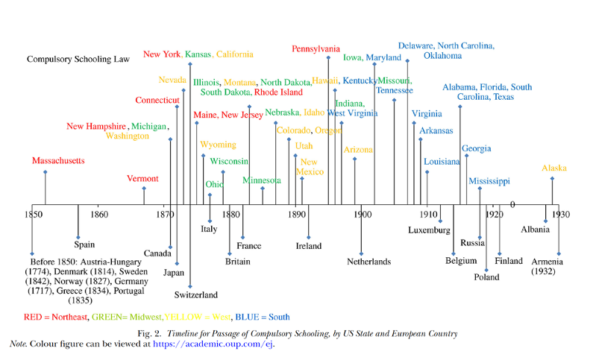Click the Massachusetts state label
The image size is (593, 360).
tap(58, 161)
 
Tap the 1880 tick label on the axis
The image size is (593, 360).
tap(230, 215)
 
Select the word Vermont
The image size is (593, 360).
tap(142, 179)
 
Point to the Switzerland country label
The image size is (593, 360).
tap(196, 295)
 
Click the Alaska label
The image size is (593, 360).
tap(554, 168)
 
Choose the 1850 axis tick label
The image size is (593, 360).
tap(33, 215)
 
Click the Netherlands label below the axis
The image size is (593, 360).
tap(368, 262)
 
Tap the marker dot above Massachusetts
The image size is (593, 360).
tap(46, 173)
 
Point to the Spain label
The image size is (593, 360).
tap(85, 244)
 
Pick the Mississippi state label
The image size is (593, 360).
tap(489, 181)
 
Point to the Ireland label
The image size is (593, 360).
tap(308, 246)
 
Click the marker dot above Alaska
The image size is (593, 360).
tap(553, 179)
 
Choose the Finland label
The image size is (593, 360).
tap(509, 261)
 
